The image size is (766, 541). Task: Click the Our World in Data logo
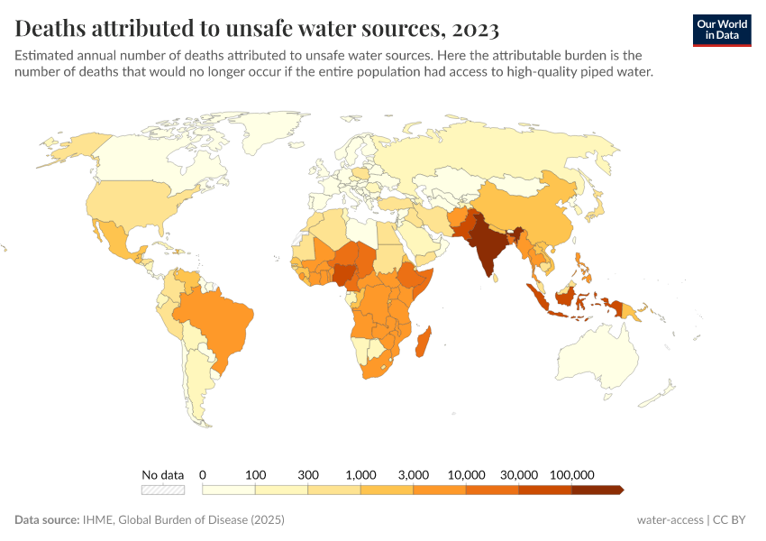click(721, 29)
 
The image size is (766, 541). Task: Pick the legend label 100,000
click(571, 474)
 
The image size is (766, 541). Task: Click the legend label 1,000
click(360, 474)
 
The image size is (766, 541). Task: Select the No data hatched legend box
click(163, 490)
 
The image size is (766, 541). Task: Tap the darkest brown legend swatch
click(596, 490)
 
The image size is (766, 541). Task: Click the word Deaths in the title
click(52, 29)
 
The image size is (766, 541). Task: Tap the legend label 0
click(203, 474)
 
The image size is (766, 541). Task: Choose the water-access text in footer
click(670, 520)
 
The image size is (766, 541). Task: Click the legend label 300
click(308, 474)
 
